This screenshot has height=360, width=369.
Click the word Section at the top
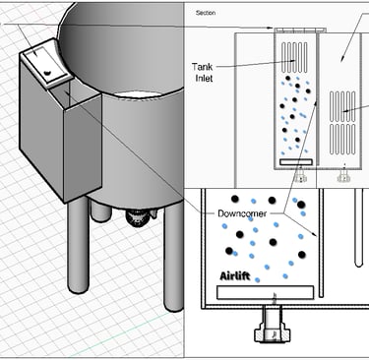coord(206,13)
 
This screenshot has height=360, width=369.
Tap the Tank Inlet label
coord(203,73)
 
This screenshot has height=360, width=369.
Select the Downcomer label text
coord(242,213)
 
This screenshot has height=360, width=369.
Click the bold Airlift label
coord(235,276)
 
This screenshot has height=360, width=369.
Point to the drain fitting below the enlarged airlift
coord(273,326)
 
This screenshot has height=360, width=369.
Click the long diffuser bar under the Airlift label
coord(266,292)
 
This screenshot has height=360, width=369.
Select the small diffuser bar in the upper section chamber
coord(296,162)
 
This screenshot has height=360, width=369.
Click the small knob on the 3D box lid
coord(47,72)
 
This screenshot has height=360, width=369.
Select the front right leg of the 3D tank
coord(174,256)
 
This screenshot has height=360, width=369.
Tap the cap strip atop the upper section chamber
coord(300,30)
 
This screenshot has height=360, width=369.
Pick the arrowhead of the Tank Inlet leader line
coord(293,61)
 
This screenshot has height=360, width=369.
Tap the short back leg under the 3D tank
coord(100,211)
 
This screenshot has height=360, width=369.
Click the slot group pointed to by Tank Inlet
coord(294,58)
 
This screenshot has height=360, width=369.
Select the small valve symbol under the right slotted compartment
coord(343,176)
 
